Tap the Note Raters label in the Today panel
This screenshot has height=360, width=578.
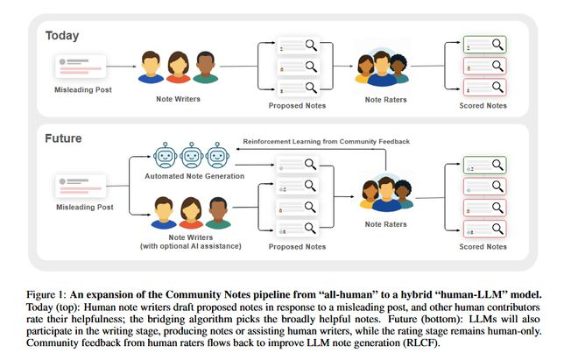(385, 99)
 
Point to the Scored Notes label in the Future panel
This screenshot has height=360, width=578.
(483, 247)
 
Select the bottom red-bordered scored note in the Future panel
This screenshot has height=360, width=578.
(483, 229)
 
